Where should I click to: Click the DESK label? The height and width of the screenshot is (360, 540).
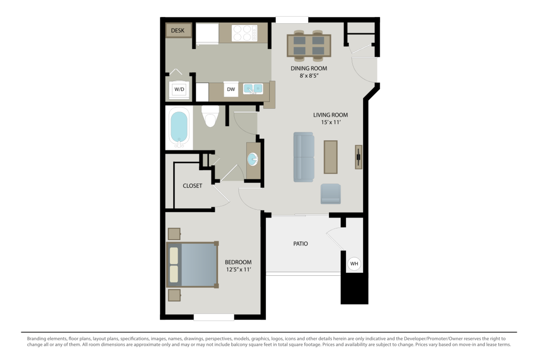pos(177,30)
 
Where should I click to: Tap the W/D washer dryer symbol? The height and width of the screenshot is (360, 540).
pos(179,89)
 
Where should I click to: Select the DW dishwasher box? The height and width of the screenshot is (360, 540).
pos(231,89)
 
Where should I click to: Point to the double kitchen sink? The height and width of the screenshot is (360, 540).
pos(253,89)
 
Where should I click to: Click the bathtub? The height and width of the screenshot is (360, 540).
pos(179,128)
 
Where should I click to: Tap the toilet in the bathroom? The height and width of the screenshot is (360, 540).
pos(210,116)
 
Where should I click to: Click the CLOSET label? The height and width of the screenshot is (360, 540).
pos(192,186)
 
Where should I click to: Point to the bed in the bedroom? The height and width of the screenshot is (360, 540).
pos(192,265)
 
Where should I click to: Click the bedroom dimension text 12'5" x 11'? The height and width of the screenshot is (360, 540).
pos(238,269)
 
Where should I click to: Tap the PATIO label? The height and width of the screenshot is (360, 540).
pos(300,244)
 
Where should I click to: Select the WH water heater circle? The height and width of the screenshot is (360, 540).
pos(354,264)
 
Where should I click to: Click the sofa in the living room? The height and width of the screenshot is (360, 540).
pos(304,157)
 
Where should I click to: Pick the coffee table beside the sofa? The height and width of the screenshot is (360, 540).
pos(330,157)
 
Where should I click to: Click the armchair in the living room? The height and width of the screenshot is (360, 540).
pos(331,194)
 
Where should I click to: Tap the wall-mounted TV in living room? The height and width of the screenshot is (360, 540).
pos(359,156)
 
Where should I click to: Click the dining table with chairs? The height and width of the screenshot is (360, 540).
pos(309,45)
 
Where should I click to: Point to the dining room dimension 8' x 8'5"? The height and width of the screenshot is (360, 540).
pos(309,76)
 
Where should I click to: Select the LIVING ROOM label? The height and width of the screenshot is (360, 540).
pos(330,115)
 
